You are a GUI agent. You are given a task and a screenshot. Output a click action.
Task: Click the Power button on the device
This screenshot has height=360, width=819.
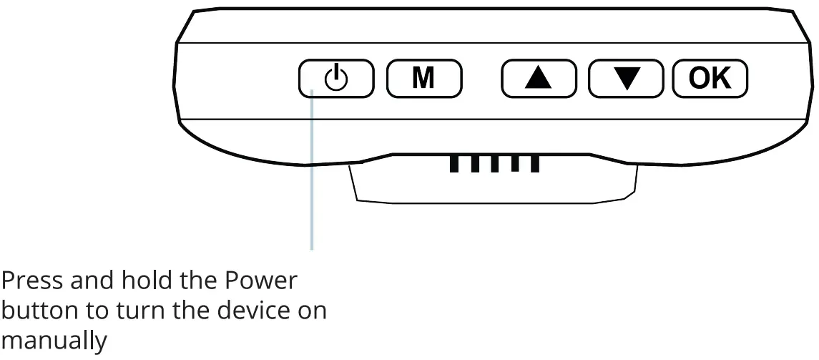pyautogui.click(x=336, y=79)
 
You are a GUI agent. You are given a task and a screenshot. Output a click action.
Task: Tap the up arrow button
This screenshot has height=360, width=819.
pyautogui.click(x=539, y=79)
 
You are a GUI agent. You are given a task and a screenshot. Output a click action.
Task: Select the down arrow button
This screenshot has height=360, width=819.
pyautogui.click(x=627, y=79)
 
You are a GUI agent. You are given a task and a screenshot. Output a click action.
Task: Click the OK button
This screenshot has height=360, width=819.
pyautogui.click(x=710, y=79)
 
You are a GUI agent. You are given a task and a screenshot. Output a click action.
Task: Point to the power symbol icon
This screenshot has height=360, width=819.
pyautogui.click(x=336, y=78)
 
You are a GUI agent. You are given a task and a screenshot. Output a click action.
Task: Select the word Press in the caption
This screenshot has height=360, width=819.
pyautogui.click(x=34, y=280)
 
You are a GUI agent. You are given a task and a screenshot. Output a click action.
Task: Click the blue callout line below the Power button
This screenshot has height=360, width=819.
pyautogui.click(x=313, y=179)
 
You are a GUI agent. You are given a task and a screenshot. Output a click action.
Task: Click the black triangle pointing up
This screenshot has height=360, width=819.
pyautogui.click(x=539, y=78)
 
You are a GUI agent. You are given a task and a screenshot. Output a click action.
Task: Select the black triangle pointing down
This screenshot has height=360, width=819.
pyautogui.click(x=627, y=79)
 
